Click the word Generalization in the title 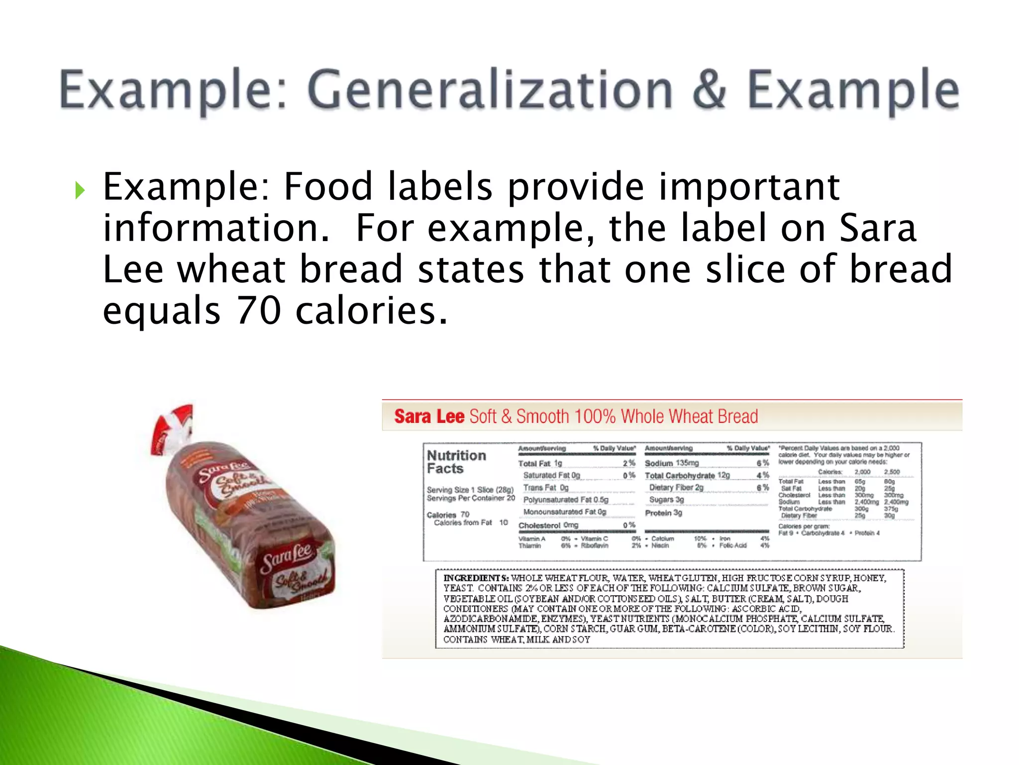click(x=490, y=90)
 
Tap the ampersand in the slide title click(x=709, y=89)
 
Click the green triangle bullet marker click(x=80, y=190)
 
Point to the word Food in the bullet click(x=328, y=186)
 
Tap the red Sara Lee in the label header click(x=429, y=416)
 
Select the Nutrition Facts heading click(x=456, y=462)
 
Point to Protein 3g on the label click(x=663, y=513)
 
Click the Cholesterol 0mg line click(x=548, y=525)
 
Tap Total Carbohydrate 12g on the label click(x=687, y=476)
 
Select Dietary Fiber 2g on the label click(x=676, y=488)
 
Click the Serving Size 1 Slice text click(x=470, y=490)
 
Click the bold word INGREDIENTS click(x=476, y=578)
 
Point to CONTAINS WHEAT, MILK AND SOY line click(x=516, y=639)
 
